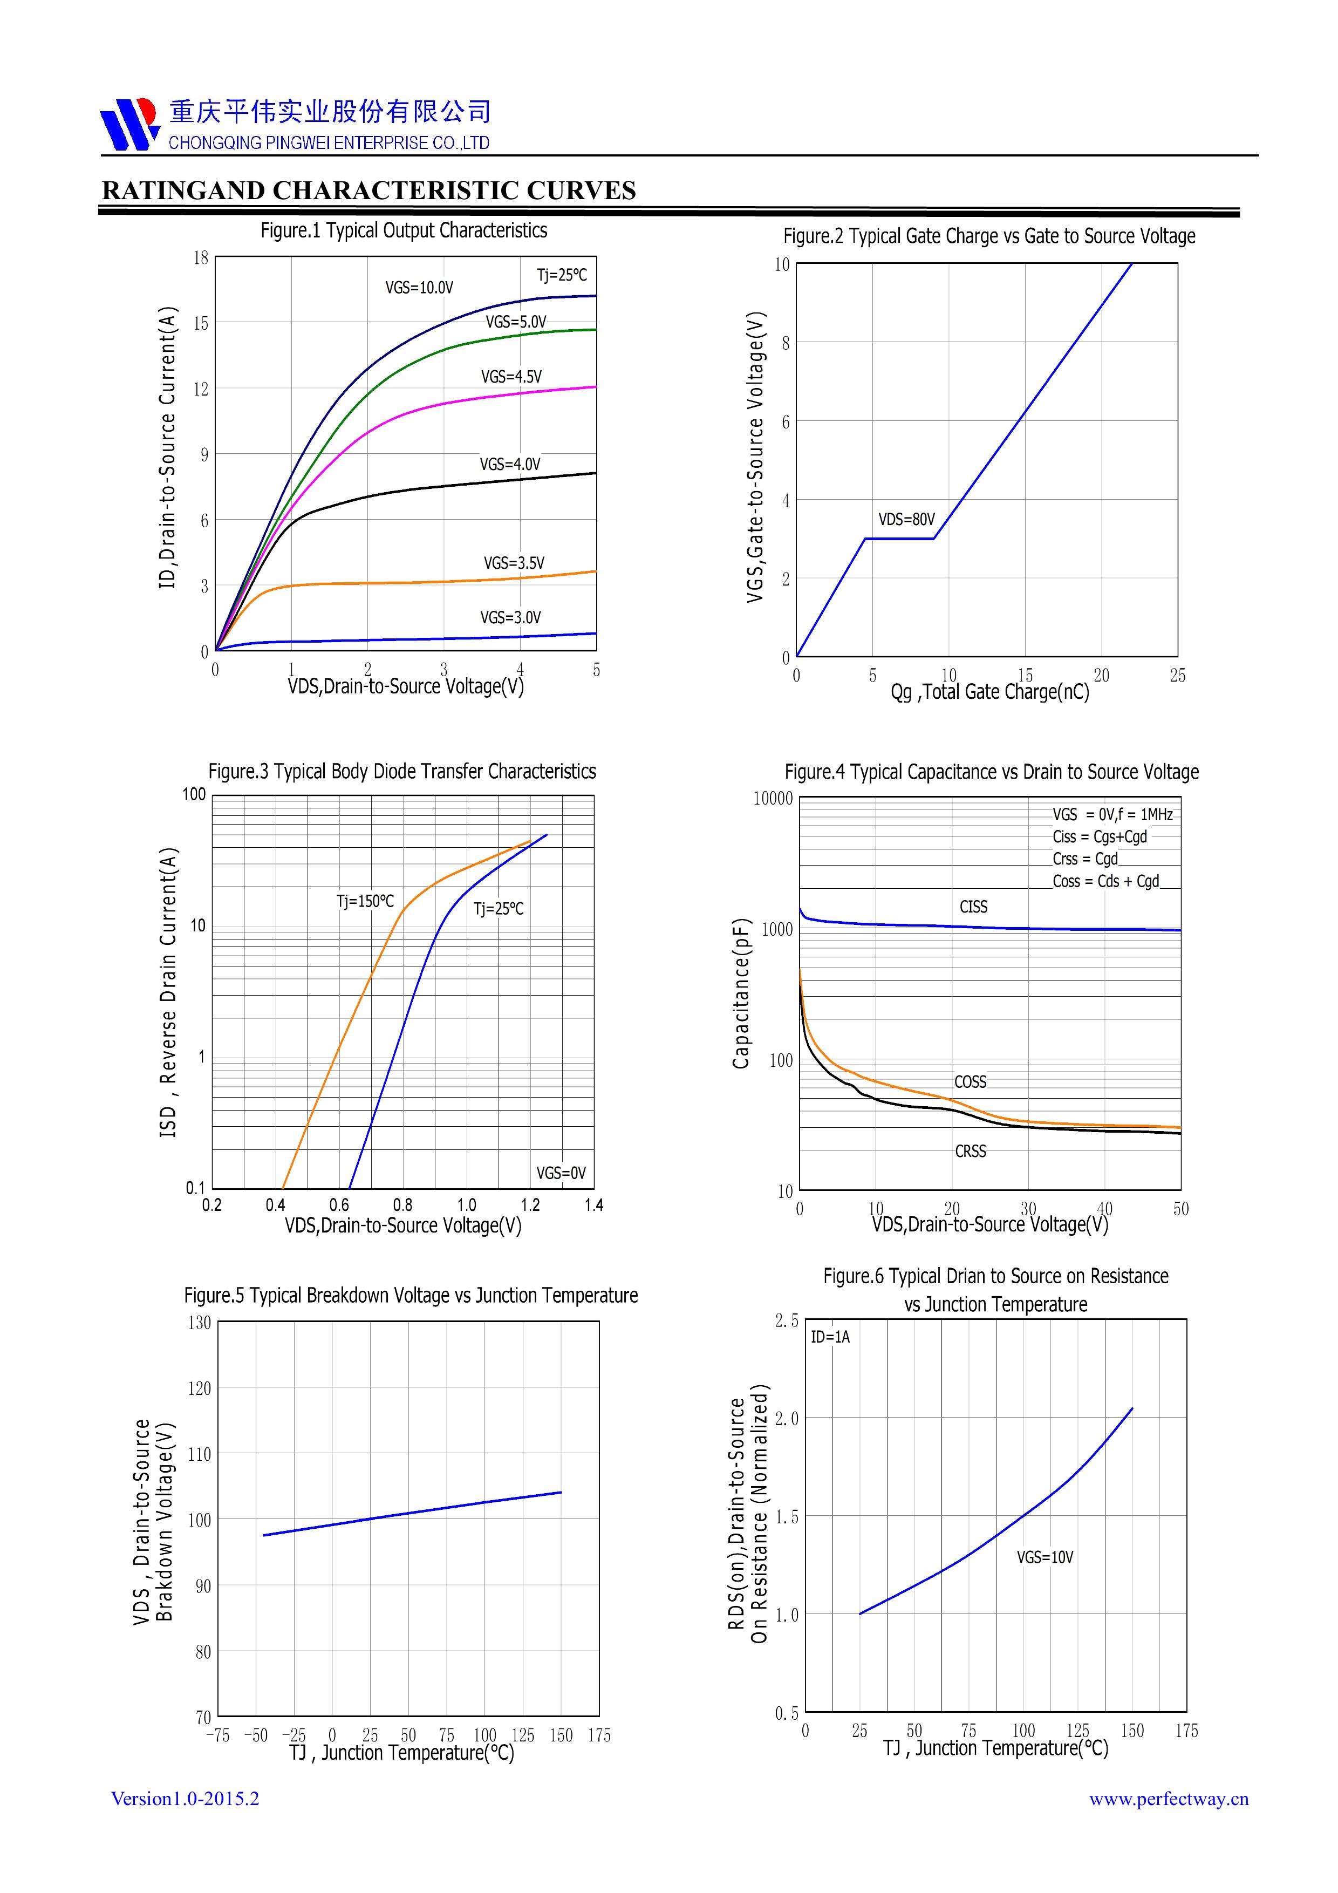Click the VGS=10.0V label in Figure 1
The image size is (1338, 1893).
tap(419, 288)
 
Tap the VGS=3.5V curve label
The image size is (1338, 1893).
tap(514, 563)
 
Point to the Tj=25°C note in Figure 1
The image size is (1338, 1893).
tap(562, 275)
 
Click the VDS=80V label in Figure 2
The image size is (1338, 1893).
tap(906, 520)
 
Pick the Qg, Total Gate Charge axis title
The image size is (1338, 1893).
tap(989, 692)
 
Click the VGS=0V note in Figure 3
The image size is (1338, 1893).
tap(561, 1173)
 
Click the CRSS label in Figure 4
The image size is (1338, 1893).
tap(970, 1151)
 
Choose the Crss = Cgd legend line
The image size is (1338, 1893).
tap(1085, 859)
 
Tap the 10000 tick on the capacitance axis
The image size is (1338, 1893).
tap(773, 798)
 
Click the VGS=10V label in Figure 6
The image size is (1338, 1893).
tap(1045, 1557)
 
